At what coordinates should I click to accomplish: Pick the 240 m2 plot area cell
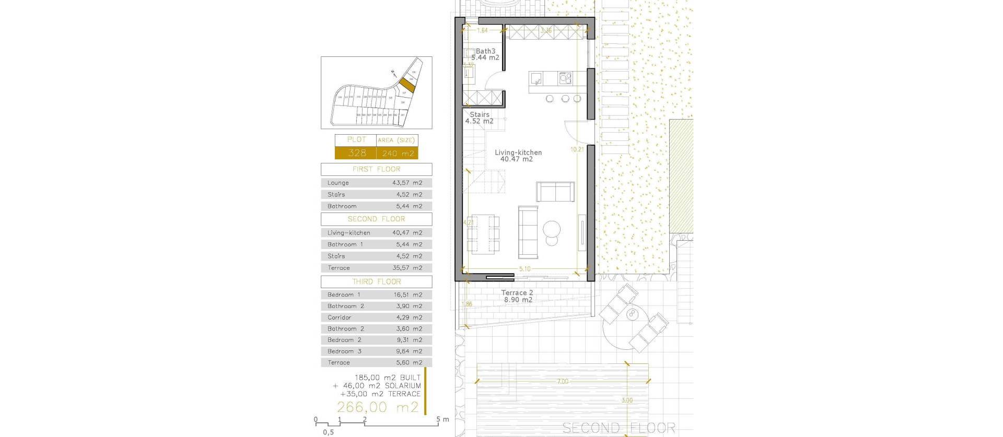pos(398,153)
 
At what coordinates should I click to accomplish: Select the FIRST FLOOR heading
pos(376,169)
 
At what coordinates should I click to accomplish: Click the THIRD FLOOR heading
pos(376,281)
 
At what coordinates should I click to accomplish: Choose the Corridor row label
pos(339,317)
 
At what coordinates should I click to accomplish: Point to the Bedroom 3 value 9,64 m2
pos(407,351)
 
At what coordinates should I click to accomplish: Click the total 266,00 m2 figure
pos(378,407)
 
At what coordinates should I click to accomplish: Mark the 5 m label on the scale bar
pos(442,419)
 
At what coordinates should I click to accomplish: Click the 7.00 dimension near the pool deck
pos(562,382)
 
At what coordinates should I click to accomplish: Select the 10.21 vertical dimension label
pos(577,149)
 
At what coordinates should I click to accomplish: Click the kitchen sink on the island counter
pos(536,78)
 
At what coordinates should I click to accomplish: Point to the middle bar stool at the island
pos(565,98)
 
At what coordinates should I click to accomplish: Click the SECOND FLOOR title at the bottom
pos(619,428)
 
